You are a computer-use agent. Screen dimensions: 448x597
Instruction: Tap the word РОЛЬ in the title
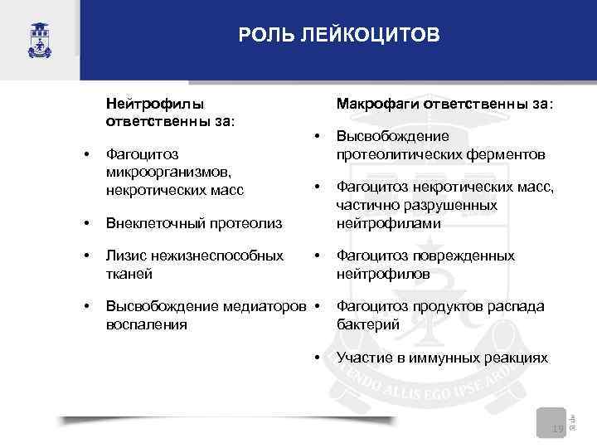263,36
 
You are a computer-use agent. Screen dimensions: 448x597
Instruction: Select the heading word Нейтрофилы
154,104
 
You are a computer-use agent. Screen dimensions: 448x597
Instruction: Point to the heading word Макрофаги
377,104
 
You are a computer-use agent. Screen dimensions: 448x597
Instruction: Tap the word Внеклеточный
158,223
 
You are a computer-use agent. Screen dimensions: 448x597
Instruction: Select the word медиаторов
265,307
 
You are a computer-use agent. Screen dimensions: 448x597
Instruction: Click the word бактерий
368,324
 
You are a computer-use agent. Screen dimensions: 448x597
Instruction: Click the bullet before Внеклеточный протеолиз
87,223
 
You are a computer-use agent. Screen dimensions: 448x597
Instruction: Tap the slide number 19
557,429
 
